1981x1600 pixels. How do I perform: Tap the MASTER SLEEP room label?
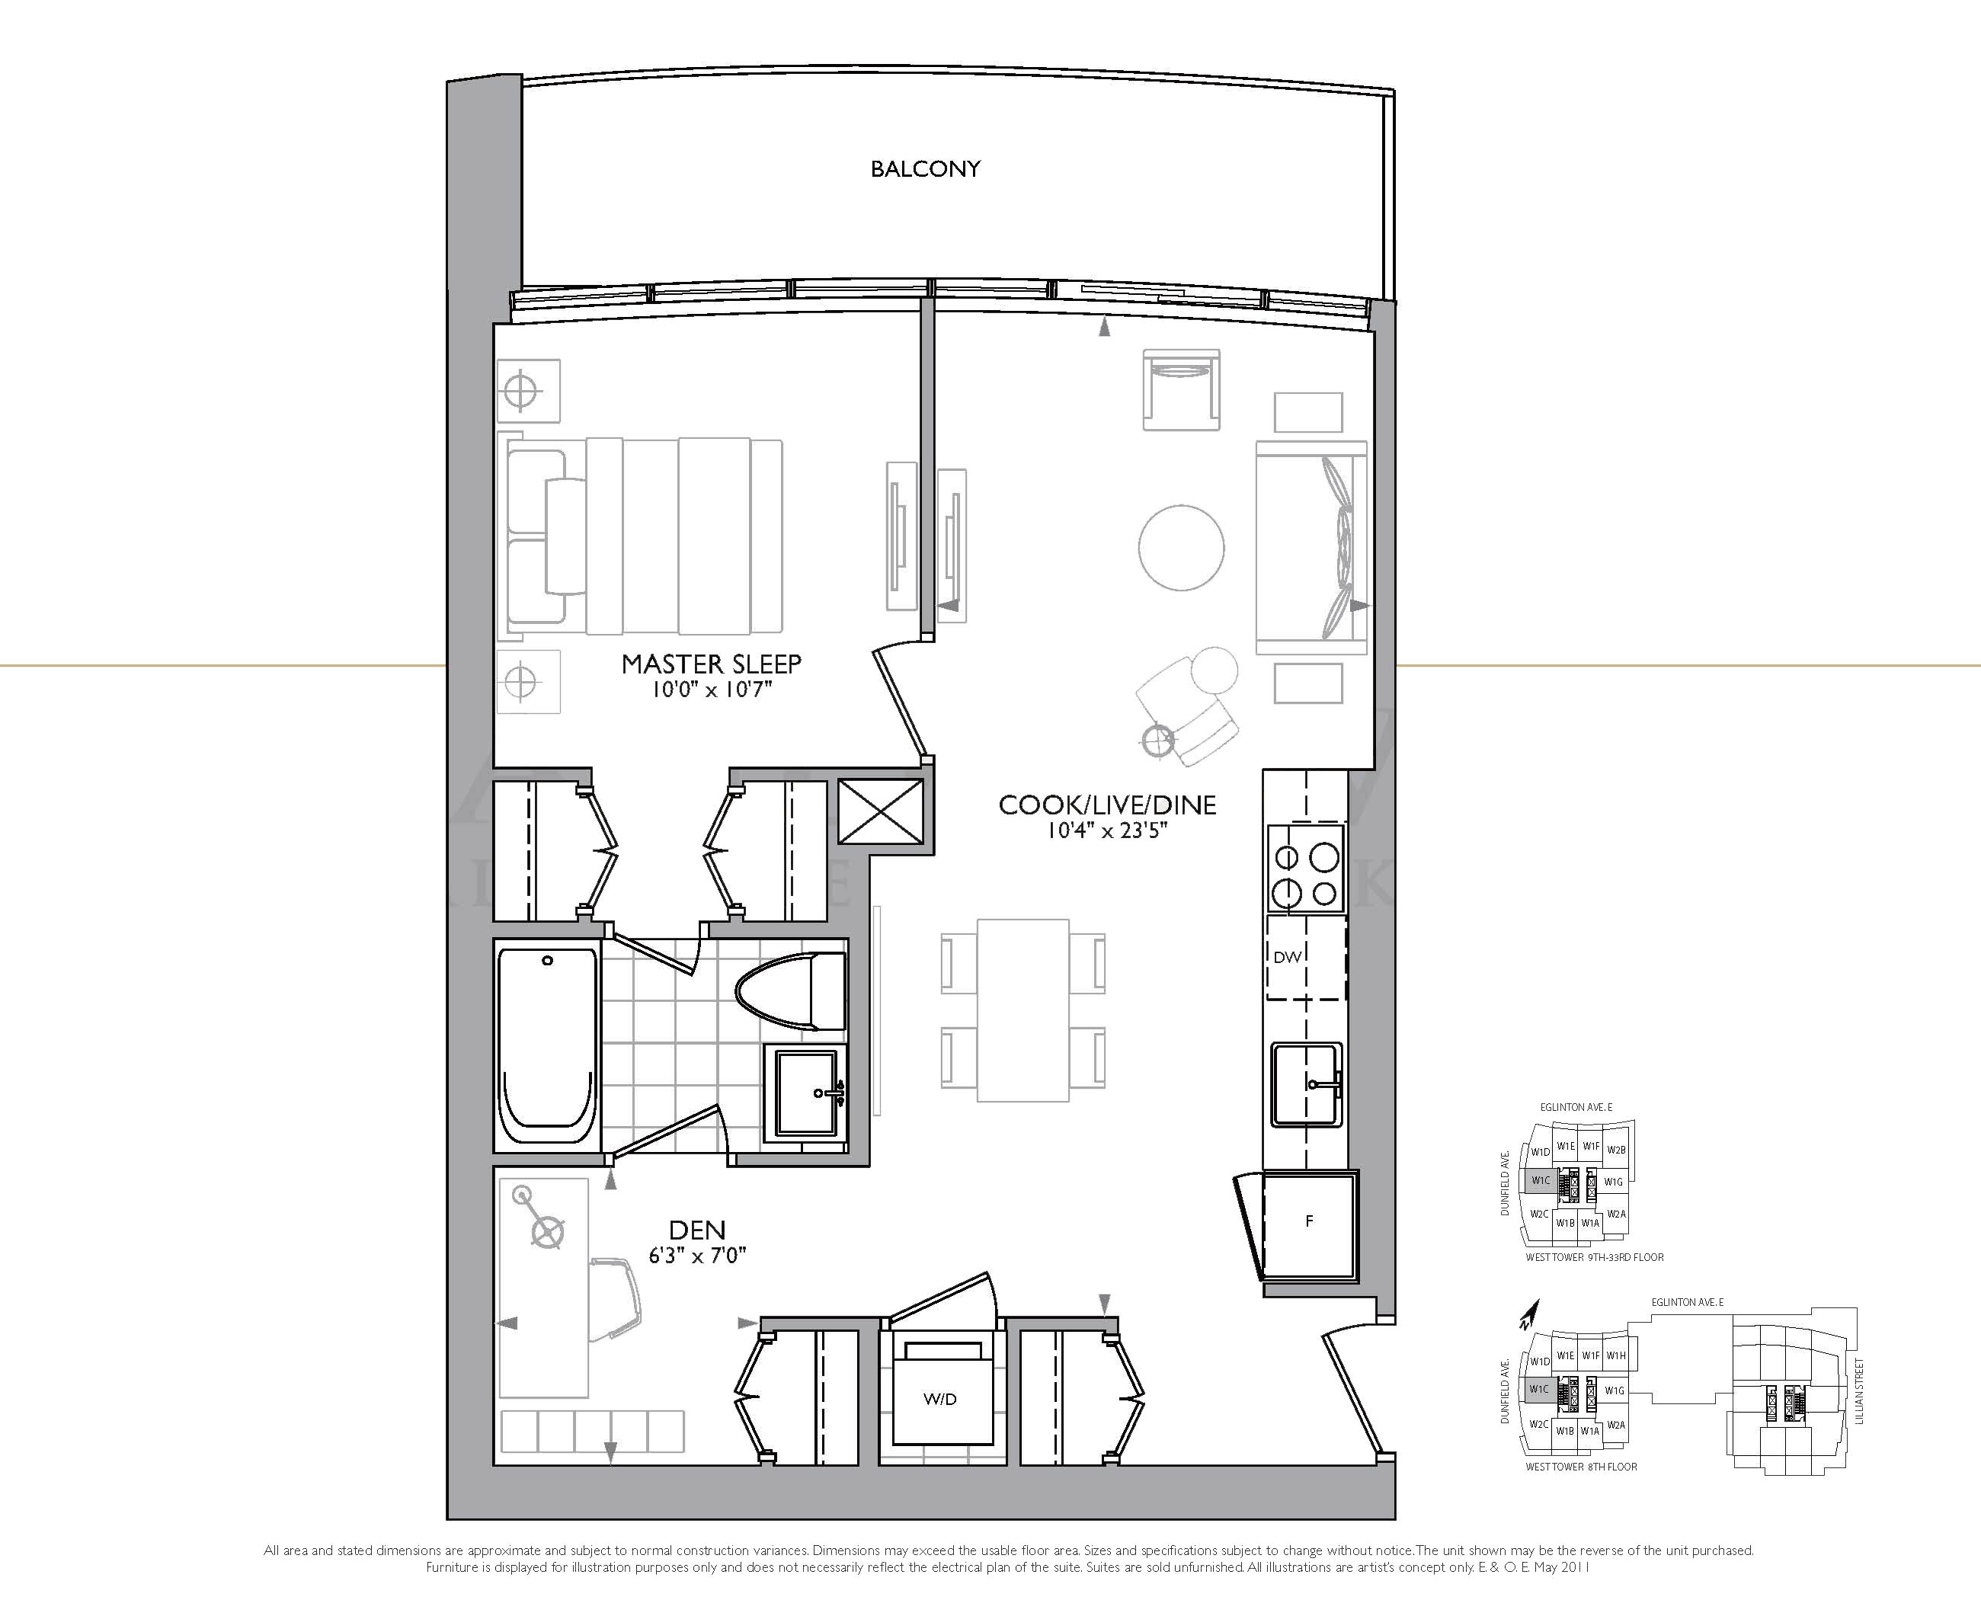coord(711,664)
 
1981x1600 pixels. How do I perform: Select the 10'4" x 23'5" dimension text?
coord(1106,830)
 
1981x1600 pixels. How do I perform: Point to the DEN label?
coord(697,1230)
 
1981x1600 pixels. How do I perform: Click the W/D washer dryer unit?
coord(941,1392)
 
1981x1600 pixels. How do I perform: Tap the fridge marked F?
coord(1310,1223)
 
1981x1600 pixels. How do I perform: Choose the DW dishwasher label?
coord(1287,958)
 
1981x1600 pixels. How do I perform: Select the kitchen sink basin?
coord(1306,1085)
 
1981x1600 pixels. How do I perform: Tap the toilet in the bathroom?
coord(790,992)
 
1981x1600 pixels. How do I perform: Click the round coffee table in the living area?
coord(1181,548)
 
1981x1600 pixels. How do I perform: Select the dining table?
coord(1023,1010)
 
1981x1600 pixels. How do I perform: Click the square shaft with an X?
coord(880,811)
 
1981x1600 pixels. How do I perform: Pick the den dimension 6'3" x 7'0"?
coord(697,1256)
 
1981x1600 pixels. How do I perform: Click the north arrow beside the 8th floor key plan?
coord(1531,1314)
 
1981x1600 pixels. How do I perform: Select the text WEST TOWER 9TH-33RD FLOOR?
coord(1595,1257)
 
